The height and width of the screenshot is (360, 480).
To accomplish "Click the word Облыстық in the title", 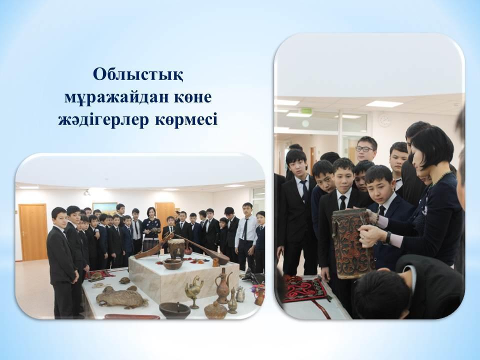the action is pyautogui.click(x=138, y=75).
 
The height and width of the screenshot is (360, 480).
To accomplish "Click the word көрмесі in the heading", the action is pyautogui.click(x=186, y=119).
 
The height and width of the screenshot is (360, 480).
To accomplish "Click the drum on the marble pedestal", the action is pyautogui.click(x=176, y=248).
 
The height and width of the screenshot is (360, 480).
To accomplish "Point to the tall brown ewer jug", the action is pyautogui.click(x=223, y=285).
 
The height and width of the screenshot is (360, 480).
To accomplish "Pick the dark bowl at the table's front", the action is pyautogui.click(x=175, y=310).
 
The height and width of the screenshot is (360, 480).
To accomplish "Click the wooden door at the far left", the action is pyautogui.click(x=33, y=231).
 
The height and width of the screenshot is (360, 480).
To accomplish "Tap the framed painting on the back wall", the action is pyautogui.click(x=105, y=208).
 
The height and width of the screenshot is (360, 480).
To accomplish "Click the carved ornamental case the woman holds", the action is pyautogui.click(x=353, y=243).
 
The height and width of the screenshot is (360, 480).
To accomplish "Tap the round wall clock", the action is pyautogui.click(x=385, y=120).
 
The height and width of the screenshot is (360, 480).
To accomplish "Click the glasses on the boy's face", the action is pyautogui.click(x=364, y=149).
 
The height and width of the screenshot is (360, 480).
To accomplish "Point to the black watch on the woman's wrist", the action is pyautogui.click(x=388, y=237).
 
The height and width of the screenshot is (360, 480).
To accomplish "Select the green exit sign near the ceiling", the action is pyautogui.click(x=306, y=110).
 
